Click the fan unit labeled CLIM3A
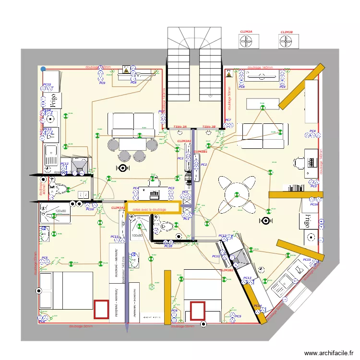[x=246, y=41]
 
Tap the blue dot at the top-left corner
[x=43, y=69]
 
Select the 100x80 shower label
[x=137, y=236]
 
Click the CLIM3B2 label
[x=227, y=270]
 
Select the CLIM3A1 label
[x=184, y=142]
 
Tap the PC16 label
[x=313, y=204]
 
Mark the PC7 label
[x=228, y=120]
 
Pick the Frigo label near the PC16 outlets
[x=305, y=221]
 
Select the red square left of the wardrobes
[x=101, y=309]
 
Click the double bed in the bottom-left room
[x=66, y=290]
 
